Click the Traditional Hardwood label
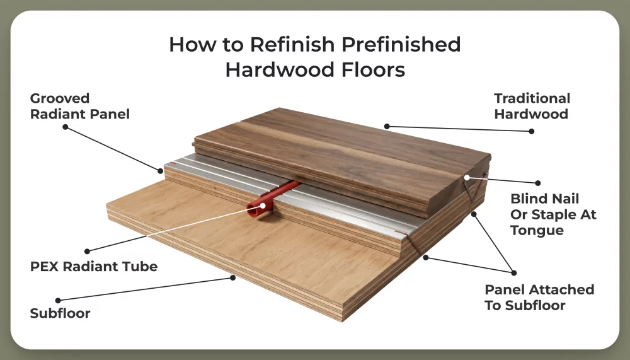(532, 106)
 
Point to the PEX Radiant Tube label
(94, 266)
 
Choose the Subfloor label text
(60, 313)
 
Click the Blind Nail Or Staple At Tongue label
(553, 214)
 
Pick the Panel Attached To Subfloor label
(539, 298)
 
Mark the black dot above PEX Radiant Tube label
(87, 251)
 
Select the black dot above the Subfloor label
(58, 300)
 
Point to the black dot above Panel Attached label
(514, 272)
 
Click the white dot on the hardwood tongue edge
(467, 178)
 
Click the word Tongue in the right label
(537, 231)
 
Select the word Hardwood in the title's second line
(271, 69)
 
